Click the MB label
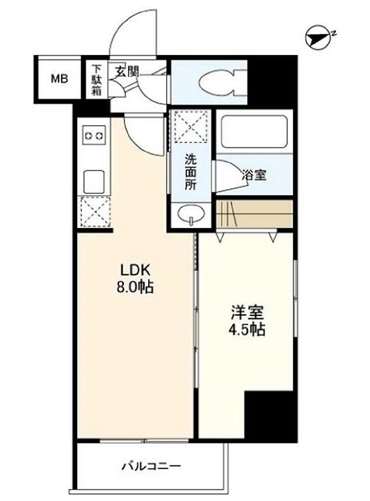pos(60,79)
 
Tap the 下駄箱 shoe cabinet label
pos(97,80)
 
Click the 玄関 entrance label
pos(127,72)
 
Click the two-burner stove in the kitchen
pos(94,135)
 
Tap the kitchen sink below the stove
pos(94,182)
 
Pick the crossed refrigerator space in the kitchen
pos(95,212)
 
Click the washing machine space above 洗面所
pos(191,127)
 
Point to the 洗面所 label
pos(191,172)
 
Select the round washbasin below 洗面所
pos(191,213)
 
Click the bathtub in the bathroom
pos(254,131)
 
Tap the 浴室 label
pos(255,175)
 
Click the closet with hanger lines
pos(255,214)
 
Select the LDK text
pos(135,270)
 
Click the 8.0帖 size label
pos(135,288)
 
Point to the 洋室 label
pos(248,313)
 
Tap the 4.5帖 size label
pos(247,330)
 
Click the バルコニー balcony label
pos(152,466)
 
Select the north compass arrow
pos(318,38)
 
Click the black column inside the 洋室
pos(269,415)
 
